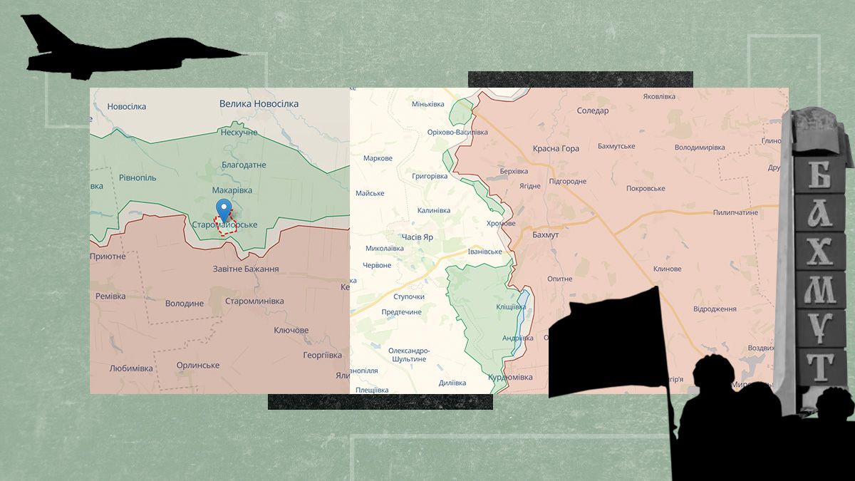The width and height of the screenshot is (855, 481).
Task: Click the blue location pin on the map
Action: (224, 210)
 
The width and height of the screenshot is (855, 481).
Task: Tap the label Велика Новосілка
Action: (259, 104)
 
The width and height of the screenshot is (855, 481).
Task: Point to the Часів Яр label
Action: (417, 237)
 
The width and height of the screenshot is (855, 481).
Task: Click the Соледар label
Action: (592, 111)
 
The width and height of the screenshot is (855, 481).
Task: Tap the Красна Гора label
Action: (556, 149)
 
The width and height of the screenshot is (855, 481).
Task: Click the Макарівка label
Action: (232, 190)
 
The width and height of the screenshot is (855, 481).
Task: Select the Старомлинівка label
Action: (254, 301)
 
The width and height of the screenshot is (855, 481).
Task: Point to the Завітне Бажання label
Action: (246, 269)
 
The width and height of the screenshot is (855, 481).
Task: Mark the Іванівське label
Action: (484, 252)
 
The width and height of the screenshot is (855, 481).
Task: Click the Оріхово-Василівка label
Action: (457, 133)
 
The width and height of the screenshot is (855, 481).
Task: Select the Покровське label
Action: (646, 189)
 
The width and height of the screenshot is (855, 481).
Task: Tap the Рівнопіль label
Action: (138, 177)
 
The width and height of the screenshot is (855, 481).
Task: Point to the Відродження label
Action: (715, 309)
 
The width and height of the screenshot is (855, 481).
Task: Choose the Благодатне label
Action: (244, 165)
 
